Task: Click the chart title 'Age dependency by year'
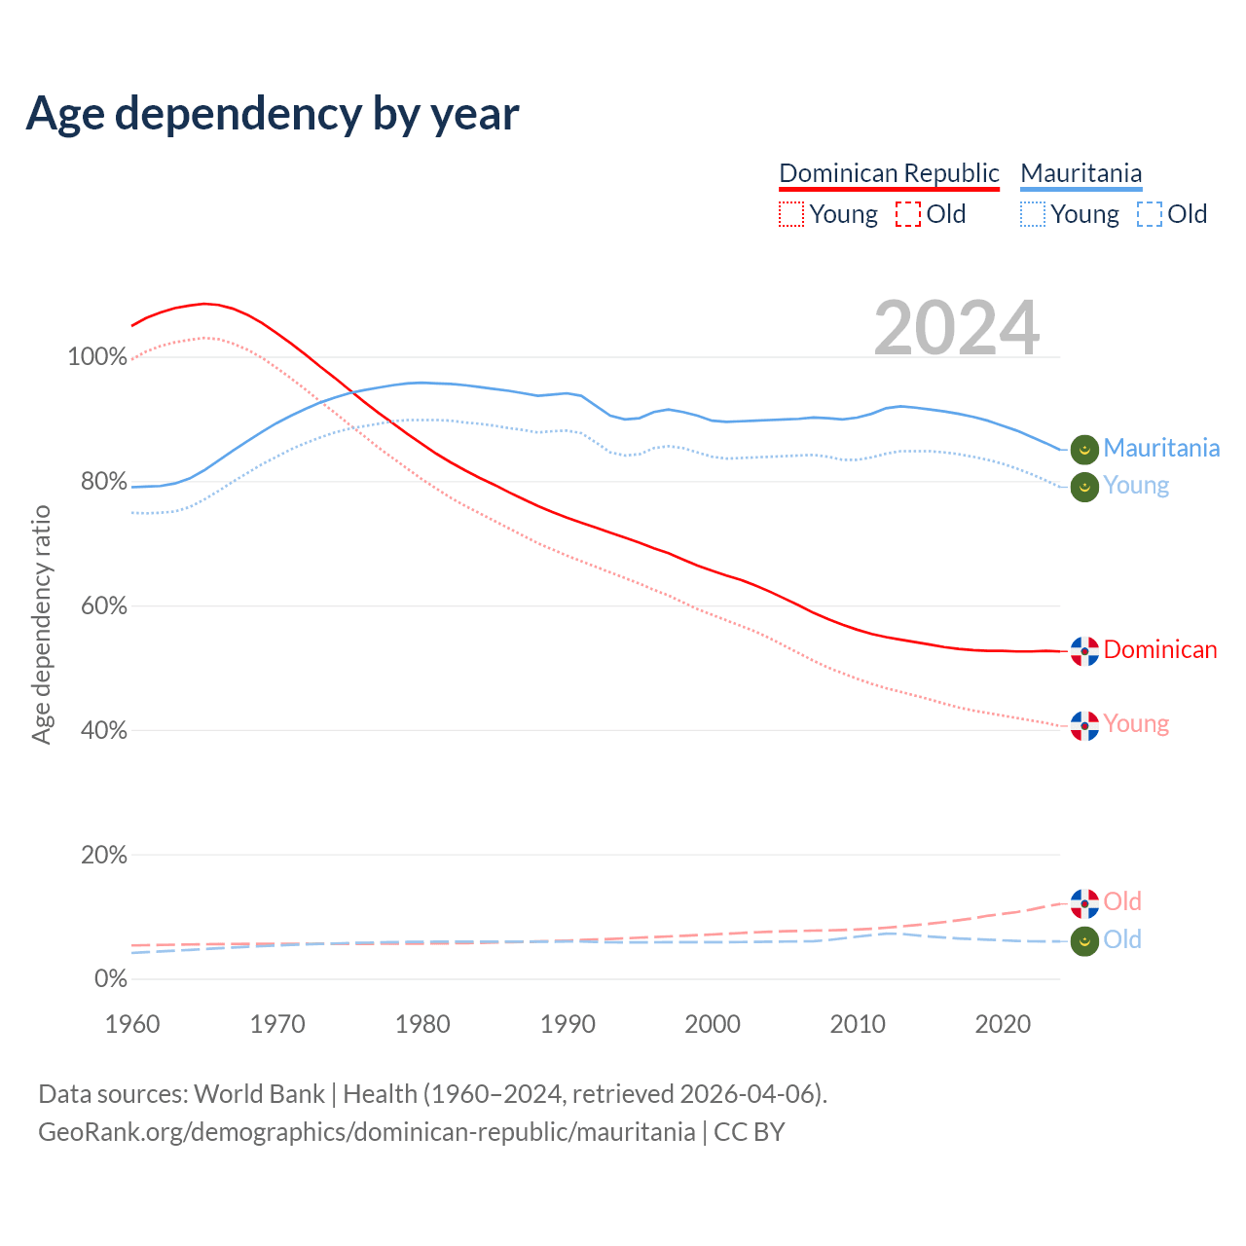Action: point(273,114)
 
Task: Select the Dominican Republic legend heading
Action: point(889,173)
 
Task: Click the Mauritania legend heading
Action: point(1081,173)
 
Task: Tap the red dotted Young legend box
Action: point(791,214)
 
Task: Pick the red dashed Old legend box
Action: point(908,214)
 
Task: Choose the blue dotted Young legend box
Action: point(1033,214)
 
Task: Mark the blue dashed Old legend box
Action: point(1150,214)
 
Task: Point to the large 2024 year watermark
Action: point(957,328)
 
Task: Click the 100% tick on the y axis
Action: point(97,357)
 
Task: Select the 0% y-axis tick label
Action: point(110,979)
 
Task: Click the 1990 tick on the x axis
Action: point(568,1024)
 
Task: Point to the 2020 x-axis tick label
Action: point(1003,1024)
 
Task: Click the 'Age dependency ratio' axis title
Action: point(41,624)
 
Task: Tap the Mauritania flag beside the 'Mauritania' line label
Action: point(1084,449)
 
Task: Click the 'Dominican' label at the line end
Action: point(1160,650)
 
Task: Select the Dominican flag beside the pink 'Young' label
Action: point(1084,725)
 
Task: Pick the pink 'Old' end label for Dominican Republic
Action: point(1122,902)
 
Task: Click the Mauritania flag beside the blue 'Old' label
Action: point(1084,941)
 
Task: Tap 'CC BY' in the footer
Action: point(750,1132)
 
